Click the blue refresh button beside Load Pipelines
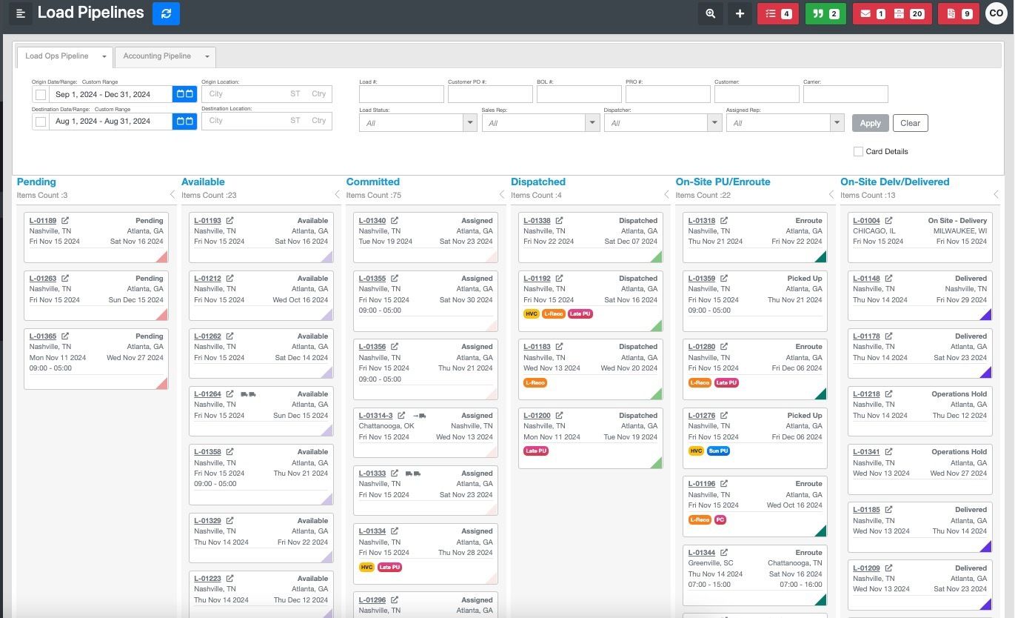[x=166, y=13]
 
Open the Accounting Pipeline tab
[x=157, y=56]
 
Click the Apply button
[x=870, y=123]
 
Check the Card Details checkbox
[x=858, y=151]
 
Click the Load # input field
[x=401, y=94]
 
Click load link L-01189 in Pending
[x=43, y=221]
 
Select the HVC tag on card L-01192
[x=531, y=314]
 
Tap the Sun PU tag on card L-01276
[x=718, y=451]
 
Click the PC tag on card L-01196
[x=720, y=520]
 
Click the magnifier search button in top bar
[x=711, y=13]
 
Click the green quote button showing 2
[x=825, y=13]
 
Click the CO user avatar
[x=996, y=13]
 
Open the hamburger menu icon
[x=21, y=13]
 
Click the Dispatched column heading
[x=538, y=182]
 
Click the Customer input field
[x=757, y=94]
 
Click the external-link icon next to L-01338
[x=560, y=221]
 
